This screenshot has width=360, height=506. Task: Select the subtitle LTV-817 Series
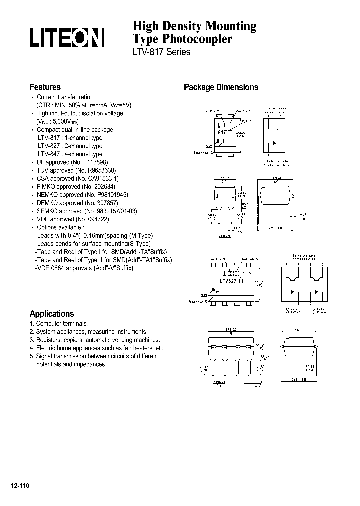point(161,52)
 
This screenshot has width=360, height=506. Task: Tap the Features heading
point(45,87)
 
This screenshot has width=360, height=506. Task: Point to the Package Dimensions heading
point(221,87)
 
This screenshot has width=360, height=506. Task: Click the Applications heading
point(51,314)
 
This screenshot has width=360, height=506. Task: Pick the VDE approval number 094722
point(94,219)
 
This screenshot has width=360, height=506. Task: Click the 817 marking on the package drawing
point(222,132)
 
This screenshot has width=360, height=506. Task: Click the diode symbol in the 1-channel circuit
point(274,143)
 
